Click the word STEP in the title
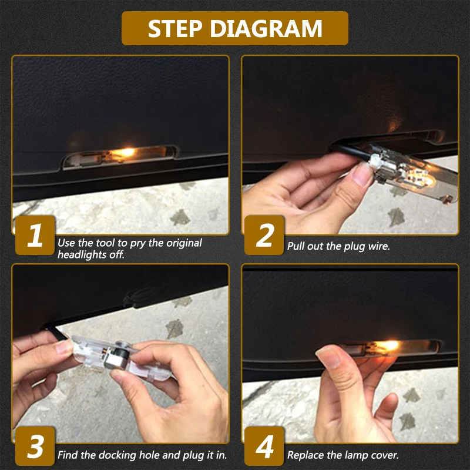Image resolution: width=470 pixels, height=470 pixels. [x=174, y=28]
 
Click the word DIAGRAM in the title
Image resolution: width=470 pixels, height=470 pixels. [x=266, y=28]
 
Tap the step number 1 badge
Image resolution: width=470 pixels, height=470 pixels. [x=35, y=235]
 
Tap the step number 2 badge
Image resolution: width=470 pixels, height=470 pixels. [x=264, y=235]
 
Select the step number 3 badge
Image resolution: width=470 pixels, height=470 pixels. [x=35, y=446]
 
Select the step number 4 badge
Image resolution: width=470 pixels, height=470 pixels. [x=264, y=446]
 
